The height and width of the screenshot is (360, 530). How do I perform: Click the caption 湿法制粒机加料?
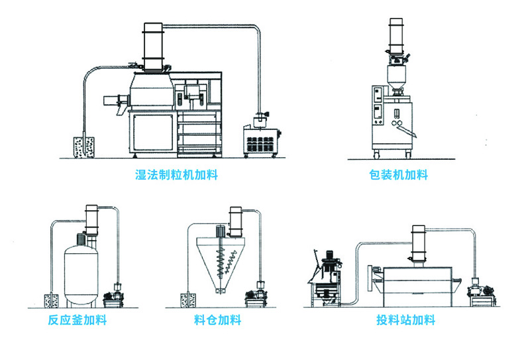[x=176, y=176]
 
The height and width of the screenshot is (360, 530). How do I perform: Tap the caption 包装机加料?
[x=398, y=176]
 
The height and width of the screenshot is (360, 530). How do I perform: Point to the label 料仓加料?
[x=217, y=321]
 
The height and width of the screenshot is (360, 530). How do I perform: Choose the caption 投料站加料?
[x=405, y=321]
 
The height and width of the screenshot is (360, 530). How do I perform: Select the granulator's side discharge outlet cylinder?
[x=114, y=101]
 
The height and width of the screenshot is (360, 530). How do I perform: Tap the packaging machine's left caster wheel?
[x=376, y=155]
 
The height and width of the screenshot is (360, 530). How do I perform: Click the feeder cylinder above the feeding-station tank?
[x=418, y=245]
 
